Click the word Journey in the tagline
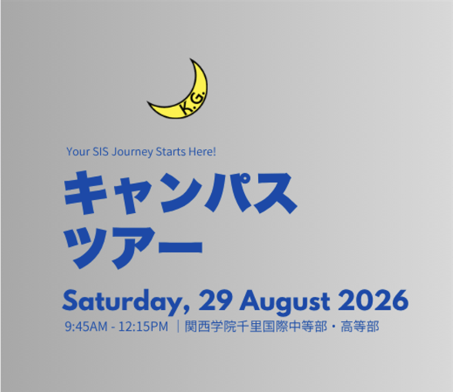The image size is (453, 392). (132, 152)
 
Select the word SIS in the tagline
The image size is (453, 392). (100, 152)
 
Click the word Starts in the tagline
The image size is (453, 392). (170, 152)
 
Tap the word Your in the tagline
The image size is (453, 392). (78, 152)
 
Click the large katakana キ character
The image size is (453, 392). (85, 192)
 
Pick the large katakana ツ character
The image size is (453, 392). (85, 248)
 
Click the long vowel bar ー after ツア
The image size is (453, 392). (181, 248)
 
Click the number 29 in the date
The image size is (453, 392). (215, 300)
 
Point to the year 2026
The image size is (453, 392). (373, 300)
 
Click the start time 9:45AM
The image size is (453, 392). (86, 327)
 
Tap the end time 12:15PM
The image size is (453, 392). (143, 327)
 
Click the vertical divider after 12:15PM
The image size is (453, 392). (178, 326)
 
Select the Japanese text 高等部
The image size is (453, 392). (360, 326)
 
